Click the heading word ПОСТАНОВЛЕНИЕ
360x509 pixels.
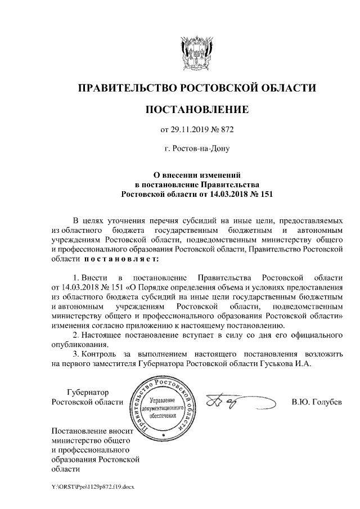pos(196,108)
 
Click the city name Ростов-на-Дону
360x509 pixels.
pos(201,150)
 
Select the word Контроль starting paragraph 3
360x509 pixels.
pos(101,354)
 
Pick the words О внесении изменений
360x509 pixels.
pos(196,175)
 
